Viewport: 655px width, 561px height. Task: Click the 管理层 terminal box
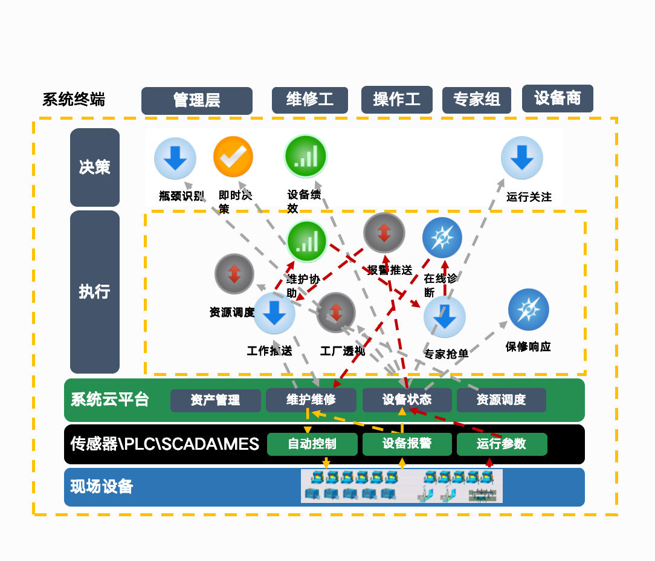[x=197, y=100]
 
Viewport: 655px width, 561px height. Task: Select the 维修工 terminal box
[x=310, y=100]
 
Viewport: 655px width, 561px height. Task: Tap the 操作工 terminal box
[x=397, y=100]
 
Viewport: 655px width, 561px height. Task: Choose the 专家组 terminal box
[x=477, y=100]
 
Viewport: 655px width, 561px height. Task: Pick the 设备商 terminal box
[x=557, y=99]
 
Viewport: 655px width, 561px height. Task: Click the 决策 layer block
[x=95, y=167]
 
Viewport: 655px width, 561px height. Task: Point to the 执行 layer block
[x=95, y=292]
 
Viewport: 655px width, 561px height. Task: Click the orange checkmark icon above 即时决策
[x=233, y=157]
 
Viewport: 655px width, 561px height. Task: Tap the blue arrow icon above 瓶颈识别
[x=175, y=158]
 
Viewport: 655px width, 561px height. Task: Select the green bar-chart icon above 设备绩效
[x=306, y=155]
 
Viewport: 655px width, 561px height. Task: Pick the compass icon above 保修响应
[x=529, y=310]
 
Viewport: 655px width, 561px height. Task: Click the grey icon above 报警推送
[x=384, y=233]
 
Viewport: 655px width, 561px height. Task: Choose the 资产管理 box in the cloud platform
[x=216, y=400]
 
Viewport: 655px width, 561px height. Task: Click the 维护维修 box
[x=311, y=400]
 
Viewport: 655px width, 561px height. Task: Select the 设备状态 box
[x=407, y=400]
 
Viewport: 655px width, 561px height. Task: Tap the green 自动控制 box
[x=312, y=444]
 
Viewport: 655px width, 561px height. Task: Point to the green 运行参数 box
[x=502, y=444]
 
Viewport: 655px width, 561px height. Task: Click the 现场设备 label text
[x=102, y=487]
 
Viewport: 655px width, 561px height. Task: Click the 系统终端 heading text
[x=74, y=100]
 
